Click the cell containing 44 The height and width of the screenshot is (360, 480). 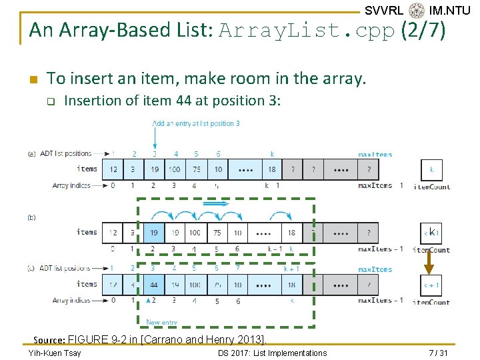[154, 285]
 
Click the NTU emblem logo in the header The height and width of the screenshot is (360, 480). [417, 10]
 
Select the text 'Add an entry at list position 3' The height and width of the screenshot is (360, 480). [196, 123]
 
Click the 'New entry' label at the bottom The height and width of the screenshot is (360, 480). [161, 322]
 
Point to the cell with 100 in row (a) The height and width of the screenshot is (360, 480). [175, 169]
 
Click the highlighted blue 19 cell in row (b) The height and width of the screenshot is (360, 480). [154, 233]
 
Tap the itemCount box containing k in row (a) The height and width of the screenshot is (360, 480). [431, 169]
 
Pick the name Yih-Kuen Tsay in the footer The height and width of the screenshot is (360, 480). [55, 353]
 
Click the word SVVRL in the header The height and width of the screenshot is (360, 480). [384, 10]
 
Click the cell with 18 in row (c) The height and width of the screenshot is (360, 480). [291, 285]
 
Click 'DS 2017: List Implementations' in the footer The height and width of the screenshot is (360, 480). [272, 353]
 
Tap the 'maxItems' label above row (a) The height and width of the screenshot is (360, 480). [375, 155]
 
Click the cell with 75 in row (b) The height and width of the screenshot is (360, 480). [217, 233]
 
